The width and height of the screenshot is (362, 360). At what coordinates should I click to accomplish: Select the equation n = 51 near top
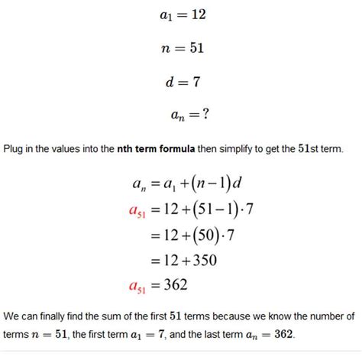click(x=181, y=49)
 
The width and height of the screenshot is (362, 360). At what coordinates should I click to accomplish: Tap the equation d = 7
click(x=181, y=83)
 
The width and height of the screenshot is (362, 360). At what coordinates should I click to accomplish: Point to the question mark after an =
click(x=205, y=115)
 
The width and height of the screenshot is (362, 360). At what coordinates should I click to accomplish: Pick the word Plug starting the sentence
click(x=15, y=148)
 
